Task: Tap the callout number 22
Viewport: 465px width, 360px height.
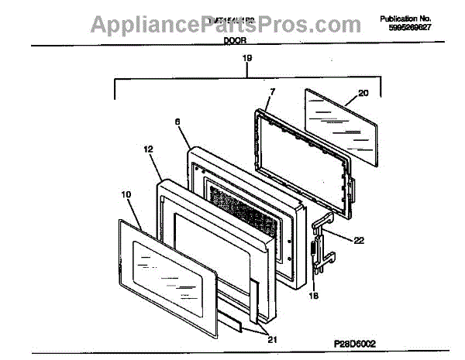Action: [x=358, y=240]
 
